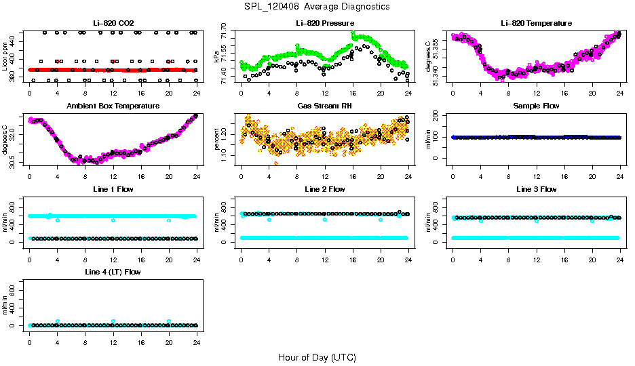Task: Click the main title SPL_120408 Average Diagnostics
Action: coord(317,6)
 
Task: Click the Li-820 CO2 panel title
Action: coord(113,24)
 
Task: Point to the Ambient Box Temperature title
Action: coord(113,106)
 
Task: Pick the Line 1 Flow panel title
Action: coord(113,189)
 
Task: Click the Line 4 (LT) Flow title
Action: coord(113,272)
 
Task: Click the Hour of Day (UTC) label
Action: coord(317,357)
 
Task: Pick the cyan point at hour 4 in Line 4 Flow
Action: coord(58,321)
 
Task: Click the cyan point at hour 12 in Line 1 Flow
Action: coord(113,220)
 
